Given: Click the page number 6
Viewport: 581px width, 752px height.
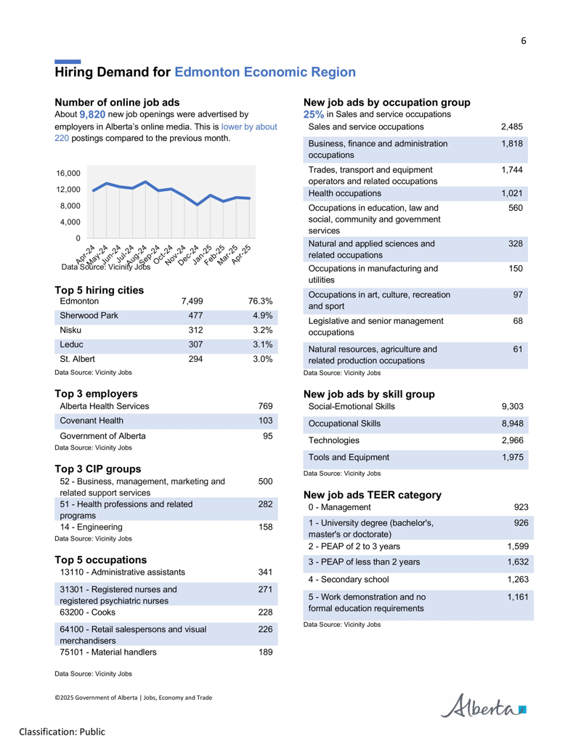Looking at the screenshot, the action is coord(524,41).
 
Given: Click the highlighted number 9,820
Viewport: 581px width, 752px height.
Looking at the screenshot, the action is coord(92,115).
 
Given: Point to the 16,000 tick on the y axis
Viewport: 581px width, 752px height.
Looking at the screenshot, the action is coord(68,173).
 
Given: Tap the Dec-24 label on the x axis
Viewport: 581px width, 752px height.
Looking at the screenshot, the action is coord(188,255).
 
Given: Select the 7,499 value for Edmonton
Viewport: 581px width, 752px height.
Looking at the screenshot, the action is coord(192,302).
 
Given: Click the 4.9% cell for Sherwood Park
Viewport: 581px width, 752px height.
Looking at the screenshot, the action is coord(263,315).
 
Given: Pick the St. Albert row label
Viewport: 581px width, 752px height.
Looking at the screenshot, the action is coord(77,359).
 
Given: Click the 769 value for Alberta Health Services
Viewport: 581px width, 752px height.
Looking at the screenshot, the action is coord(266,406).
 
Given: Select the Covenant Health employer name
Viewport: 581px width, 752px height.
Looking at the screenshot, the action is coord(92,421).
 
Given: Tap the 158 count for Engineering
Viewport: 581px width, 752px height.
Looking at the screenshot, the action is coord(266,527).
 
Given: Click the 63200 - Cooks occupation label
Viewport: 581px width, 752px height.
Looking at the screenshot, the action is coord(87,612).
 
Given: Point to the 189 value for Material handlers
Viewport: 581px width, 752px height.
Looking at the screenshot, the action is coord(266,652).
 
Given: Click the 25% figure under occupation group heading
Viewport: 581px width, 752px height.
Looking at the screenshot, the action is coord(314,115).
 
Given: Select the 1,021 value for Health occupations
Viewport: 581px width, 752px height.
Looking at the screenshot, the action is coord(512,193).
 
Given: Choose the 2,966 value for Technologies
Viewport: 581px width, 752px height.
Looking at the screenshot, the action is coord(513,440).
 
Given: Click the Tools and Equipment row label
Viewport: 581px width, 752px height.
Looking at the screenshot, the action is coord(349,458).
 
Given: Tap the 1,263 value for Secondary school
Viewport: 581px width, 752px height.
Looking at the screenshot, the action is coord(518,579).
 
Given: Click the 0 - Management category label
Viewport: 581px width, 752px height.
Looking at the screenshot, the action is coord(339,507).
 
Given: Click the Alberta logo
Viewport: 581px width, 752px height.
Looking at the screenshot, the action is coord(483,705).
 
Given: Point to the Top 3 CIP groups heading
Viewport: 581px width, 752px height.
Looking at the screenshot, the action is coord(98,469).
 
